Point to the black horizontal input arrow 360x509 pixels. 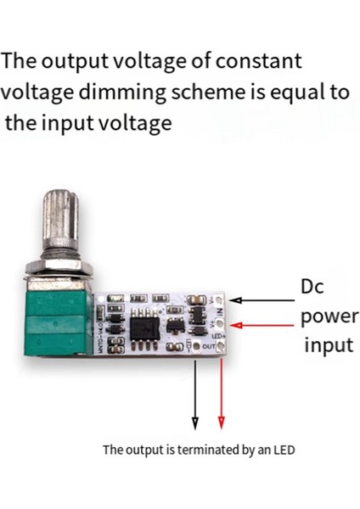tap(262, 299)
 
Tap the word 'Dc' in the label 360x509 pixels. tap(312, 287)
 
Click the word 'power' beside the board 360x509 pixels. tap(330, 316)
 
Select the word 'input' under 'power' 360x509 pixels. tap(328, 346)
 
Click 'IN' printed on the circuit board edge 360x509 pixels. tap(220, 312)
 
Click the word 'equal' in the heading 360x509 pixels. tap(276, 92)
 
